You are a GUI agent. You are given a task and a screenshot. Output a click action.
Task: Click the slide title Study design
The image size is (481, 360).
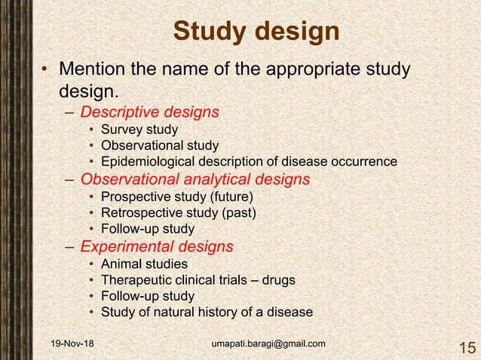coord(256,32)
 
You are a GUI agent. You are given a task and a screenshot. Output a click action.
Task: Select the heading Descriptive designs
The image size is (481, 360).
coord(149,112)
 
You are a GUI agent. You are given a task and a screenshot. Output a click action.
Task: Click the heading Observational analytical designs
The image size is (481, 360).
coord(195,179)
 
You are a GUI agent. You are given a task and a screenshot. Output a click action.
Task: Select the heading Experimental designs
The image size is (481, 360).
coord(157,246)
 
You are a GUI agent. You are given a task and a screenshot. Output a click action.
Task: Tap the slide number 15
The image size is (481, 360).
coord(466,347)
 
